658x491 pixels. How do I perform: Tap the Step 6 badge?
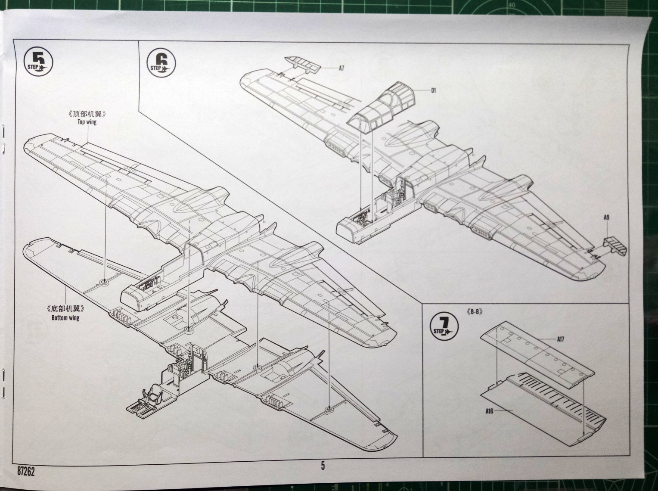tap(161, 63)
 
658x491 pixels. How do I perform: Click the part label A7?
tap(341, 68)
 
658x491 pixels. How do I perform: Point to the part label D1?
tap(434, 90)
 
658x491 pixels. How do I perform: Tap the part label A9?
tap(606, 218)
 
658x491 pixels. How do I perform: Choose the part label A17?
tap(560, 339)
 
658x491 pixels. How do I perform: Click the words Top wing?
tap(87, 122)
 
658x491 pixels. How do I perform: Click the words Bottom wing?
tap(65, 318)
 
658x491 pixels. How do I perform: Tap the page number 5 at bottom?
tap(323, 466)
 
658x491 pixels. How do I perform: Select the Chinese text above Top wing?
tap(87, 115)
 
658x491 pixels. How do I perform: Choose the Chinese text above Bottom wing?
tap(65, 310)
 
